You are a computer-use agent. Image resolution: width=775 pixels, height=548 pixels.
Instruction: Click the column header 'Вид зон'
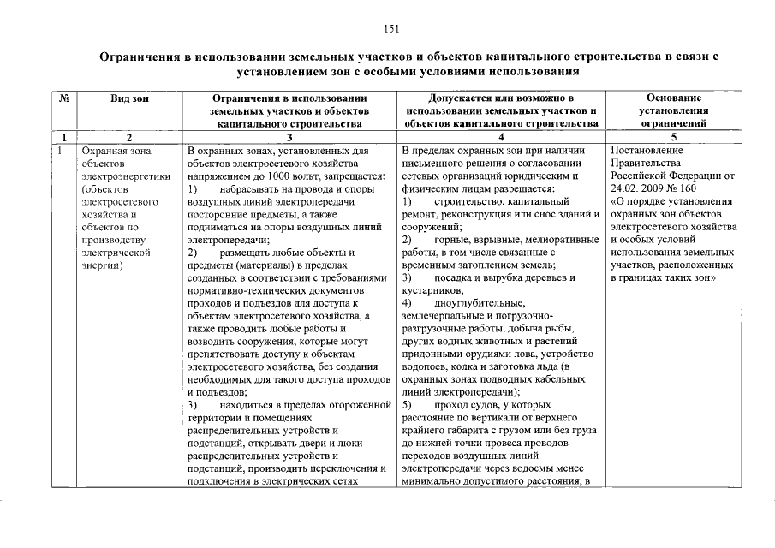pos(129,98)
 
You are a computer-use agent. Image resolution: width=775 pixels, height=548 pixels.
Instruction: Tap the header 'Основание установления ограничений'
pos(675,110)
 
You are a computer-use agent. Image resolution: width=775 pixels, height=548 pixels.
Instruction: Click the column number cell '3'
pos(289,137)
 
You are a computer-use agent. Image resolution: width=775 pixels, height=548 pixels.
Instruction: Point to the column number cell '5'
pos(675,137)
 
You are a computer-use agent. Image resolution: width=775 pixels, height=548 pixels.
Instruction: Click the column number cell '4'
pos(502,137)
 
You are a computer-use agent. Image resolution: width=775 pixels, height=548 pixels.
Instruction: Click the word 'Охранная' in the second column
pos(103,151)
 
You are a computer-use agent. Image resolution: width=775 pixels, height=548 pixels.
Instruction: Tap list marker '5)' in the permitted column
pos(407,404)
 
